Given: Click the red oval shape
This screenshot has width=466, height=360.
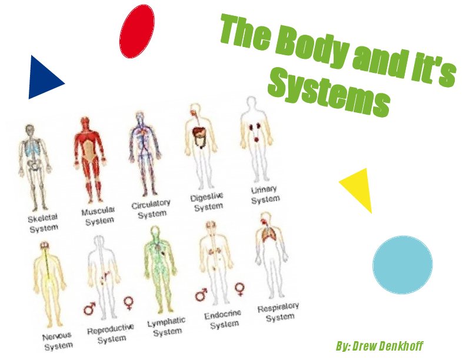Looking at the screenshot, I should point(137,32).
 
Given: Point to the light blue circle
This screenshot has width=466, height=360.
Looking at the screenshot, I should point(402,265).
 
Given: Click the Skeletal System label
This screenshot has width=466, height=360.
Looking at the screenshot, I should point(43,222).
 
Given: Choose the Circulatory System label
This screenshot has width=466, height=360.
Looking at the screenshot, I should point(151,209).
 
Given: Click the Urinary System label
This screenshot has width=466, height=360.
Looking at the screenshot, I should point(265,195).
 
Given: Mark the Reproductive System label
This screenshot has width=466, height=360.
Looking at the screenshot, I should point(111,333).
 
